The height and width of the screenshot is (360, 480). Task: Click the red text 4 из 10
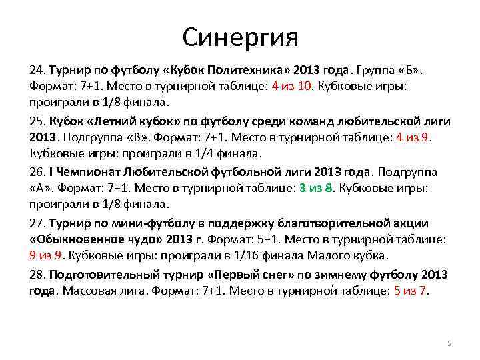pyautogui.click(x=291, y=87)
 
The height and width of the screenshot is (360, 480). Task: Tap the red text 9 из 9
pyautogui.click(x=46, y=256)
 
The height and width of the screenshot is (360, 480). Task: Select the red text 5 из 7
pyautogui.click(x=411, y=291)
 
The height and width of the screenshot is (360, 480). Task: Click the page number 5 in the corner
pyautogui.click(x=449, y=343)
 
